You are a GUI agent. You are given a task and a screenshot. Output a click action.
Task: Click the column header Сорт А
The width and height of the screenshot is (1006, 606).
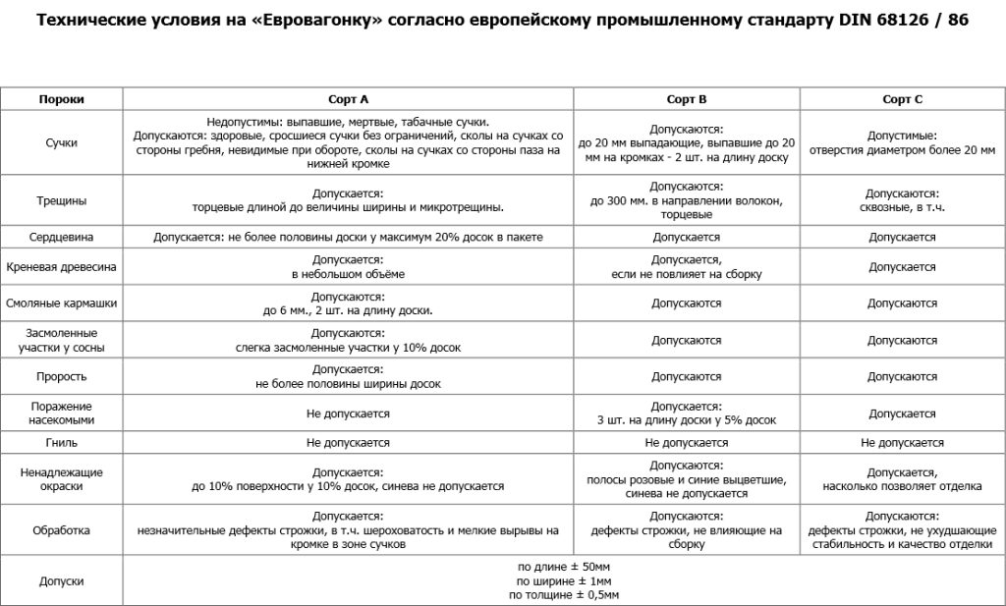[349, 99]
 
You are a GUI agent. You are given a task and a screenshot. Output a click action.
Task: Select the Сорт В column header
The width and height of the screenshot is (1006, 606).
[687, 99]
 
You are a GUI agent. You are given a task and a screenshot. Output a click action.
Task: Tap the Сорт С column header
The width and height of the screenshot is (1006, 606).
[902, 99]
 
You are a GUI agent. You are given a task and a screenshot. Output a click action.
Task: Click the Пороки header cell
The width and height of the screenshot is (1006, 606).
[61, 99]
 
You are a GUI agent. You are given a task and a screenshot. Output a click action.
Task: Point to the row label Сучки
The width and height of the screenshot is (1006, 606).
[61, 143]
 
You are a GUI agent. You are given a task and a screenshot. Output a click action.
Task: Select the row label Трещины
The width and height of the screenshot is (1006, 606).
[61, 200]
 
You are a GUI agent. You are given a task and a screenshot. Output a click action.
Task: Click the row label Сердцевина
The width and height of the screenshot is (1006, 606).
[61, 238]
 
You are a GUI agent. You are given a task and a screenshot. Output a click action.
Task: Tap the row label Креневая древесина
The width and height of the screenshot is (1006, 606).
[61, 267]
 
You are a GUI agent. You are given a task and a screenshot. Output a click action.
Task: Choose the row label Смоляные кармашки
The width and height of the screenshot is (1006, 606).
[61, 303]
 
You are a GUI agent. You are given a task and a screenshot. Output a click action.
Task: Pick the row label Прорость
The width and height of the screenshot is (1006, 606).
[61, 376]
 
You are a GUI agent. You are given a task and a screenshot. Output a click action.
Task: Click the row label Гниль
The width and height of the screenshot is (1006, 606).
[61, 443]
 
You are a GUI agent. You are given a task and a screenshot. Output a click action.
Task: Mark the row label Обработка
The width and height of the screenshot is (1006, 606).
[61, 530]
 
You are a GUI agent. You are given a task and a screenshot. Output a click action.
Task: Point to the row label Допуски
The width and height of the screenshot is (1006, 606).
[61, 580]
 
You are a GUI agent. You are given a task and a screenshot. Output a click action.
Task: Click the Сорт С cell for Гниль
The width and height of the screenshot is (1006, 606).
[902, 443]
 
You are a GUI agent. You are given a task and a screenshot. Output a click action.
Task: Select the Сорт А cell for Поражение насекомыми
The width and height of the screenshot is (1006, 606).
[349, 413]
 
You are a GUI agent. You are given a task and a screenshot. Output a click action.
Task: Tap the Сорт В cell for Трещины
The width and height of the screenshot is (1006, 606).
[687, 200]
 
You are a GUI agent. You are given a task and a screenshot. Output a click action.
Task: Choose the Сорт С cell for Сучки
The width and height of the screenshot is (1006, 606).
[902, 143]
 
